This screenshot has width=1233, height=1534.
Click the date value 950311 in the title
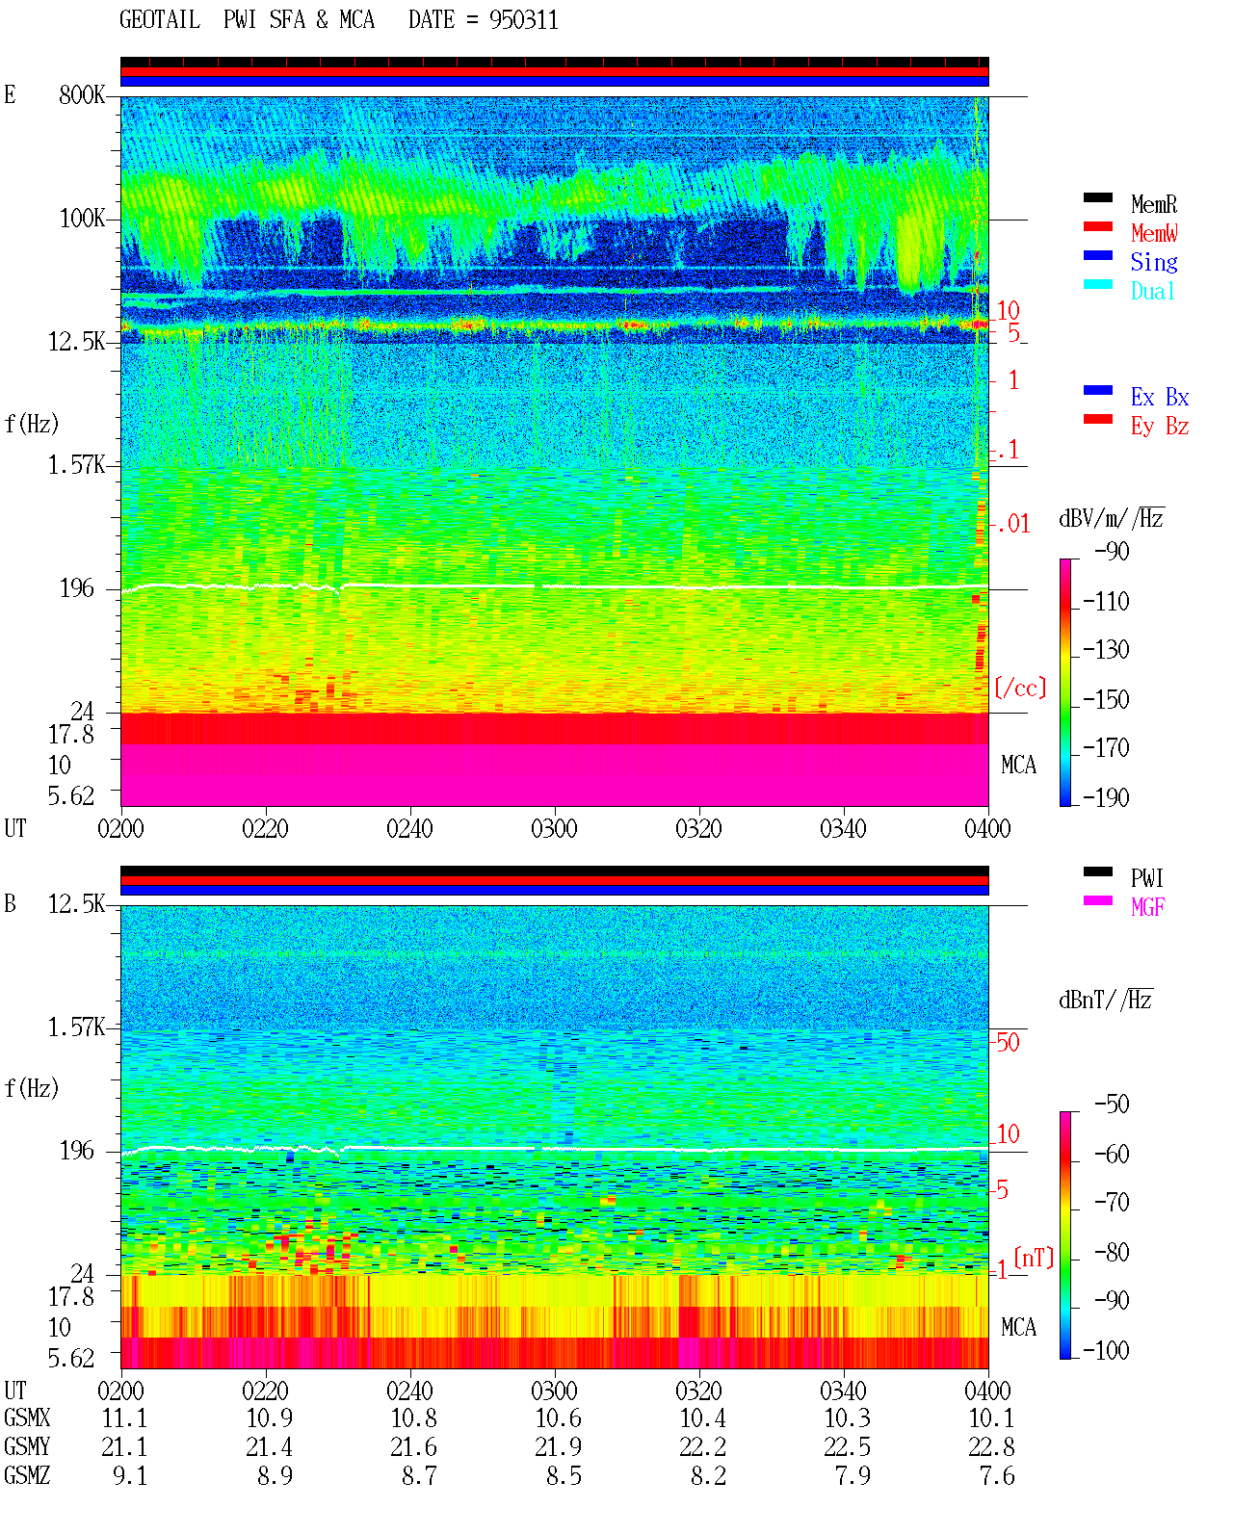523,20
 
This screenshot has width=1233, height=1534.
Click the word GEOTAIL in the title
160,20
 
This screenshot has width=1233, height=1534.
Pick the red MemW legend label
1154,233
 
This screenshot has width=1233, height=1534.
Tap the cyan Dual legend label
1153,291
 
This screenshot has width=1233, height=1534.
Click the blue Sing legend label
1154,262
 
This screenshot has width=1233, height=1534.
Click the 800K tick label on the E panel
82,94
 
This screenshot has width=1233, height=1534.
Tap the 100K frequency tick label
82,219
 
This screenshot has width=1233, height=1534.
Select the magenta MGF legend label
1148,907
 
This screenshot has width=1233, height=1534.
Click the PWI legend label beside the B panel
1147,878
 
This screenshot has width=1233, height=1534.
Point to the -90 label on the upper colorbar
1112,552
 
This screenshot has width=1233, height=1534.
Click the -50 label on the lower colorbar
1112,1105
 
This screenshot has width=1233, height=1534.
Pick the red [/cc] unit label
1020,688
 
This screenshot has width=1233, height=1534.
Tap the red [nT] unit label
1034,1258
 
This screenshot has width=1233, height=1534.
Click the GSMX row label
27,1418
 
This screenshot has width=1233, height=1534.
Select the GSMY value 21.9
559,1447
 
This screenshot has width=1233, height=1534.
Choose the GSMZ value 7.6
997,1475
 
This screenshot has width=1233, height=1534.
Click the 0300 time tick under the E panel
554,829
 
